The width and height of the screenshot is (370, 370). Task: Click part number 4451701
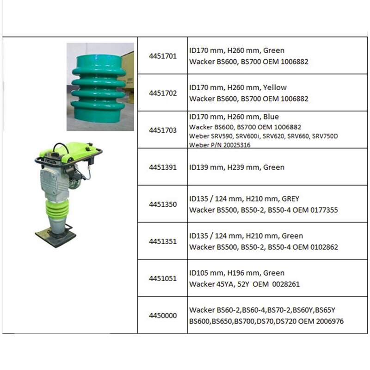162,56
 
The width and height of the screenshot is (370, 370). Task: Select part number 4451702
162,93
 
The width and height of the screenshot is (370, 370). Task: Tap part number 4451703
162,130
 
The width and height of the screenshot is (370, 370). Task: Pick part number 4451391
162,167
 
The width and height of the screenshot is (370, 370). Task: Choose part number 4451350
162,204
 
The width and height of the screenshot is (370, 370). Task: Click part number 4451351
162,241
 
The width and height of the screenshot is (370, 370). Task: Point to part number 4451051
162,278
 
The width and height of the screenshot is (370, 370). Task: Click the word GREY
290,199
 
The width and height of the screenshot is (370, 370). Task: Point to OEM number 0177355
324,210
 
